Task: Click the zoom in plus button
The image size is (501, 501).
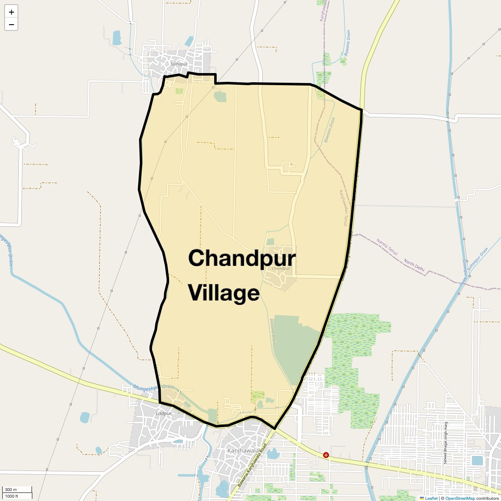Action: coord(11,12)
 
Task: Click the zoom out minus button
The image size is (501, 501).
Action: coord(11,24)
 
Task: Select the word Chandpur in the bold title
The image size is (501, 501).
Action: coord(242,258)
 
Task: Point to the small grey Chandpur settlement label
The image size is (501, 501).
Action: coord(281,268)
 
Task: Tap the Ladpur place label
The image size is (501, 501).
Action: coord(164,413)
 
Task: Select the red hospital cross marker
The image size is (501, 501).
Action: coord(326,455)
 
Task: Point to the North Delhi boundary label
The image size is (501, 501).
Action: coord(414,266)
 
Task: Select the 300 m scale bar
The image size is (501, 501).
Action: coord(17,490)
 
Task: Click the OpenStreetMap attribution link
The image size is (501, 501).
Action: coord(460,498)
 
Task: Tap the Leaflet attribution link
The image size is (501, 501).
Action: coord(431,498)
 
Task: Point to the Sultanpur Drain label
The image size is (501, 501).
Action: coord(478,258)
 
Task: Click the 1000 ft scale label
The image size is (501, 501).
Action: coord(12,496)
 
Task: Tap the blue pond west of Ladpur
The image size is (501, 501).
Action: coord(85,417)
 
